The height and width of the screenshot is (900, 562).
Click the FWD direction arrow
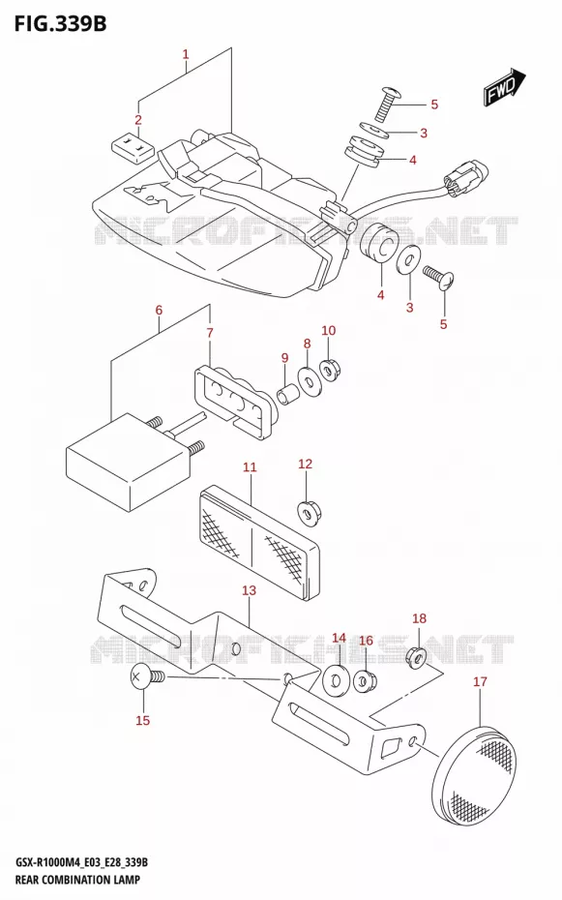click(x=505, y=87)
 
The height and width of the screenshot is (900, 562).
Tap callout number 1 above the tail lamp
click(x=186, y=54)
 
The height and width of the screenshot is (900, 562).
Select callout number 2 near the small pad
click(x=138, y=120)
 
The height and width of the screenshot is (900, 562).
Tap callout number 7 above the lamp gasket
click(x=210, y=332)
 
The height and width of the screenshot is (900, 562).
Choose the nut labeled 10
click(x=329, y=371)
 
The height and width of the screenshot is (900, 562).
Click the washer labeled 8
click(x=310, y=381)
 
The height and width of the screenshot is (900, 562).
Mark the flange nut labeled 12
click(x=309, y=512)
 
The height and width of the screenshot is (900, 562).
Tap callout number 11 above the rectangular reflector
click(x=250, y=467)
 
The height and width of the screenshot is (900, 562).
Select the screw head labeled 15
click(x=139, y=679)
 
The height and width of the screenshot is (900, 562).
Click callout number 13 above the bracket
click(x=249, y=590)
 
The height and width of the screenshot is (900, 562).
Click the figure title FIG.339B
click(x=61, y=23)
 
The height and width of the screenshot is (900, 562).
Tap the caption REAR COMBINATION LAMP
click(x=77, y=880)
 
